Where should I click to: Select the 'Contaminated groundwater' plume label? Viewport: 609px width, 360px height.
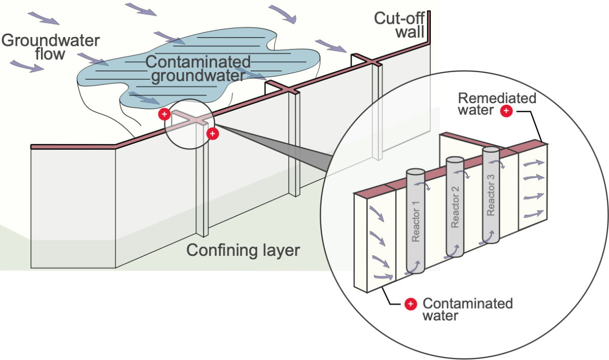[198, 69]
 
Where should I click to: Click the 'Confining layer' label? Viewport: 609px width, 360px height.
[243, 250]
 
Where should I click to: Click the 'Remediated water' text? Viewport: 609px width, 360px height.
[490, 104]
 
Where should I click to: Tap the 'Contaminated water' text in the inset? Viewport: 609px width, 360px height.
[467, 309]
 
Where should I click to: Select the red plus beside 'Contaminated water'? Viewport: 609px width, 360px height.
[411, 304]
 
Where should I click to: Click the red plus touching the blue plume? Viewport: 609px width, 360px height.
[164, 114]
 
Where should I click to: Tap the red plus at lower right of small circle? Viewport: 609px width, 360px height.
[213, 134]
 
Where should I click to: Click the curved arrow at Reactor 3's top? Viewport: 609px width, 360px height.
[500, 165]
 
